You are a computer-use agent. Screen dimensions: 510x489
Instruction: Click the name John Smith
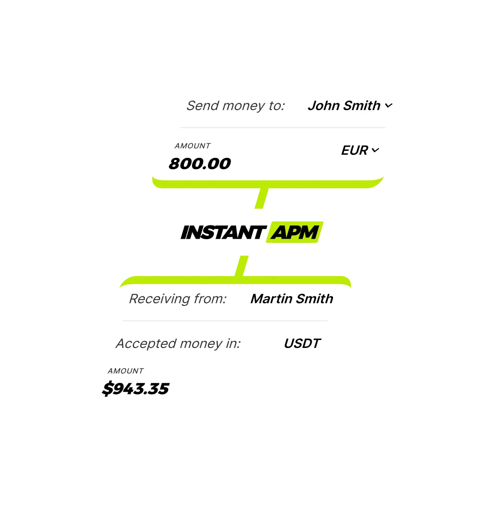coord(344,105)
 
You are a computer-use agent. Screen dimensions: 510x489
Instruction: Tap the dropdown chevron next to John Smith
coord(389,106)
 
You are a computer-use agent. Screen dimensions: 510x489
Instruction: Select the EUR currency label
coord(354,150)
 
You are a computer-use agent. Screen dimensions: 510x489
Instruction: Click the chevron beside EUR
coord(375,150)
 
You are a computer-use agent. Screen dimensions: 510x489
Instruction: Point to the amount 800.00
coord(200,163)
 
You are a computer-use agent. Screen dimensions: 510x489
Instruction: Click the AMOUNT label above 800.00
coord(192,146)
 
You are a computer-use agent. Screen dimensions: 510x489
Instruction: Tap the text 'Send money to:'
coord(236,105)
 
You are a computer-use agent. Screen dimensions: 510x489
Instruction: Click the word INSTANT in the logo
coord(223,232)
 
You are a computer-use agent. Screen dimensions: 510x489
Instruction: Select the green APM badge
coord(294,232)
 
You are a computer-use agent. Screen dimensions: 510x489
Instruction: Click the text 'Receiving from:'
coord(178,299)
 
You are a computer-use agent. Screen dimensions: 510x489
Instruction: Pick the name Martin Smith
coord(292,299)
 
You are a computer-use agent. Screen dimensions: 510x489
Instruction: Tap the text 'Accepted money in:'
coord(178,343)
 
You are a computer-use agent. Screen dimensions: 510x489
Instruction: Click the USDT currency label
coord(302,343)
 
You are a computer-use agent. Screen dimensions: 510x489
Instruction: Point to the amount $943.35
coord(136,389)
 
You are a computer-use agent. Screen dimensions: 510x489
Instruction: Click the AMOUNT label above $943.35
coord(125,371)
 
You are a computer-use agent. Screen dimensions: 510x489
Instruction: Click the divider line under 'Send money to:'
coord(283,127)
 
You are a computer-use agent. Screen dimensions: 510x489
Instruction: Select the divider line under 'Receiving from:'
coord(225,321)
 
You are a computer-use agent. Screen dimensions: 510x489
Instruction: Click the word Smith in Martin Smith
coord(315,299)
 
